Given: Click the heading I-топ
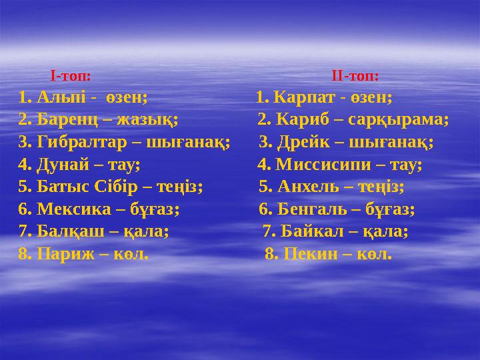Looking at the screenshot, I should [x=71, y=75].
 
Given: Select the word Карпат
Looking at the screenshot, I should [x=304, y=97].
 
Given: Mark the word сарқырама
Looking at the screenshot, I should [x=406, y=120].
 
